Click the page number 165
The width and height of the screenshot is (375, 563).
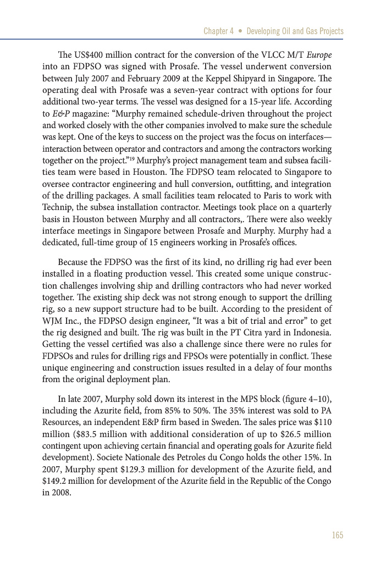337,535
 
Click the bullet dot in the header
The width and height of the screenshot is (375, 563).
240,31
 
